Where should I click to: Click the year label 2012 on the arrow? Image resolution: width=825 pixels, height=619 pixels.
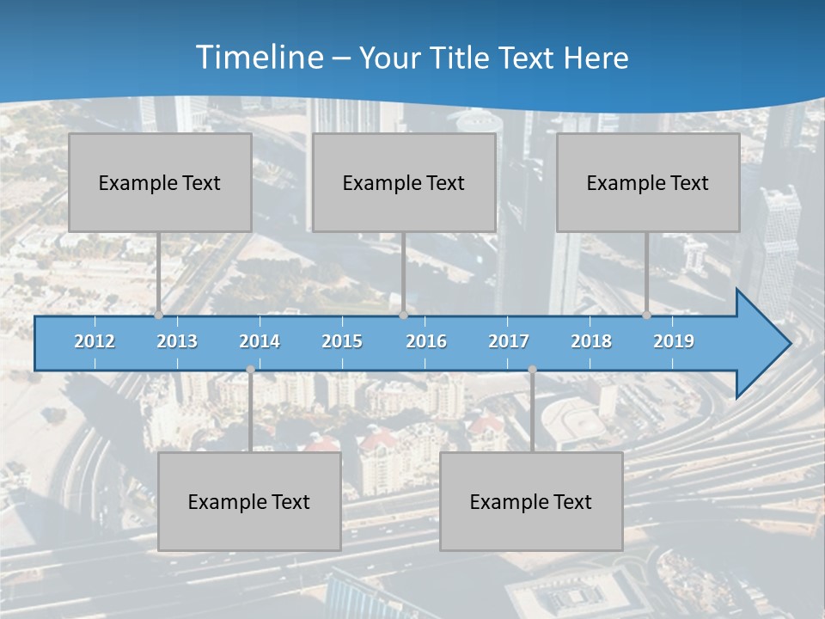(x=95, y=341)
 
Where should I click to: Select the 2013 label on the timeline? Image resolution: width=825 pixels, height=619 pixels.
(x=177, y=341)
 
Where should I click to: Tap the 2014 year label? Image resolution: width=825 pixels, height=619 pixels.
(x=260, y=341)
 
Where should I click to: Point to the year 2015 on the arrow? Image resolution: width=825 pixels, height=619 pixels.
(x=342, y=341)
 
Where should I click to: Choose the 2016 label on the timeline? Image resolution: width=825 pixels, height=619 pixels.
(x=426, y=341)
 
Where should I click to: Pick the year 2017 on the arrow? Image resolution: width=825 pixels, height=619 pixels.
(x=509, y=341)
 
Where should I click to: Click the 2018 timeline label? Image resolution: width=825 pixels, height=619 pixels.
(x=591, y=341)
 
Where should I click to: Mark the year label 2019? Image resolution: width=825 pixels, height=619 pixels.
(x=674, y=341)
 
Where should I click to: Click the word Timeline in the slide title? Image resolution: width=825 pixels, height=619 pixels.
(x=259, y=58)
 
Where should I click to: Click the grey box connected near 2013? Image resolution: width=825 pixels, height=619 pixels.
(x=160, y=182)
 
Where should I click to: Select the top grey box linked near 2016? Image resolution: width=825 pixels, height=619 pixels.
(x=404, y=182)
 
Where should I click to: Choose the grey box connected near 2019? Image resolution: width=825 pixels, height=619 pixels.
(x=648, y=182)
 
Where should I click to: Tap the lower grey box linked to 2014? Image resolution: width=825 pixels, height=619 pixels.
(x=249, y=501)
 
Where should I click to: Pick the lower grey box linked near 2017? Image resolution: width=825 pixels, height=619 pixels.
(x=531, y=501)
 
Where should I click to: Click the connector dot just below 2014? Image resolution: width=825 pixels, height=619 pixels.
(x=250, y=370)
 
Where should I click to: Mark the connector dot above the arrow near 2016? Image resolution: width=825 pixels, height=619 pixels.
(x=403, y=316)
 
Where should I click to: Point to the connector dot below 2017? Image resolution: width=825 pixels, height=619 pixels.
(x=532, y=370)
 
